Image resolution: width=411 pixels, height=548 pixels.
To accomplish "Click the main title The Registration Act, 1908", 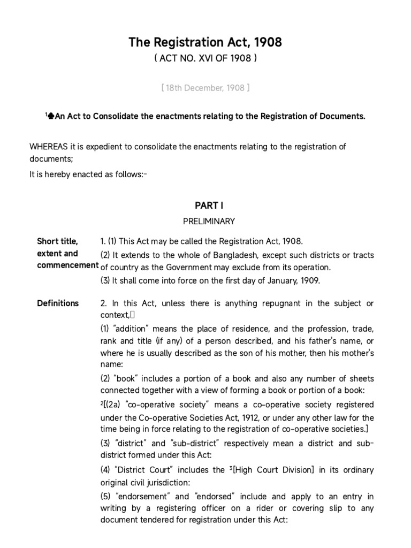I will point(205,43).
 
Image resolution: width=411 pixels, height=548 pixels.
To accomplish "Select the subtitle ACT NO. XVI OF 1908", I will point(205,59).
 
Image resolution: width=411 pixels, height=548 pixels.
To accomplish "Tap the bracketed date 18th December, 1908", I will point(205,88).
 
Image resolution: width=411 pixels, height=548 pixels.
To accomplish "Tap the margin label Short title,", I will point(57,241).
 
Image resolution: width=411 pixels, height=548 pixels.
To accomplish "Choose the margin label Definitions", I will point(58,303).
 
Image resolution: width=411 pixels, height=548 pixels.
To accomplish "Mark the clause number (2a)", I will point(115,404).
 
